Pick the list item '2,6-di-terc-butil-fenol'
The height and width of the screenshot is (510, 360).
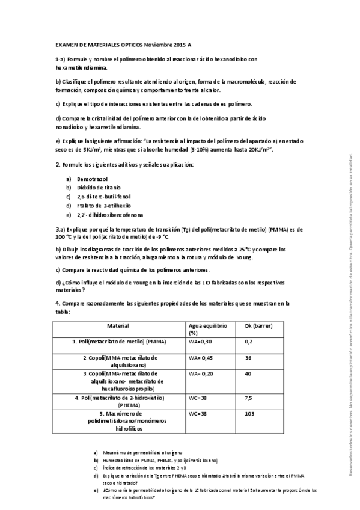[x=104, y=197]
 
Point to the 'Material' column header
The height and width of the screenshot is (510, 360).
[x=118, y=325]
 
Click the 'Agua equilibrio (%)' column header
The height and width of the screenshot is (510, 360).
[x=208, y=329]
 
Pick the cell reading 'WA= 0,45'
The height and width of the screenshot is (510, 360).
[x=201, y=357]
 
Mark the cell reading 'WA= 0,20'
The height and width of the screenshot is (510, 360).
[x=201, y=373]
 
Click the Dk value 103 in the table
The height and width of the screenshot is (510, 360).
[x=250, y=414]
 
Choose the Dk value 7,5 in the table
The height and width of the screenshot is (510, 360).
[x=249, y=398]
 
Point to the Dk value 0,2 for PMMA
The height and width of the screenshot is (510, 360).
[x=249, y=342]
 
